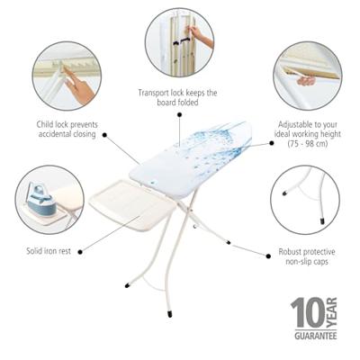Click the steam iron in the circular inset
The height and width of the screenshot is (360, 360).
(x=41, y=200)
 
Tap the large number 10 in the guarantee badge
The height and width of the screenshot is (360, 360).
(x=308, y=313)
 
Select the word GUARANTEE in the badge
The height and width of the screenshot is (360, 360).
(x=315, y=336)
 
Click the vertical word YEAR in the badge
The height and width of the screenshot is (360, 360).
(x=331, y=313)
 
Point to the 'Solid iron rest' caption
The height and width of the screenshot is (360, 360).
(x=49, y=251)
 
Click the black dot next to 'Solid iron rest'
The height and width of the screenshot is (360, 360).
(x=80, y=252)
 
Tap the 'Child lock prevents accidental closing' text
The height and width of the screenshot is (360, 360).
(x=67, y=129)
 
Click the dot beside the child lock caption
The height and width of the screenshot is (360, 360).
(x=104, y=135)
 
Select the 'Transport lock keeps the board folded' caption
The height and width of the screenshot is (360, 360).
(x=177, y=97)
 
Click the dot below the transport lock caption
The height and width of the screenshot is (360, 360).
(x=179, y=114)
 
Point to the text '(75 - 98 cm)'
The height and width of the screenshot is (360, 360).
(x=308, y=144)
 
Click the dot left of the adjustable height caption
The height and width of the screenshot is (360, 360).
(x=272, y=143)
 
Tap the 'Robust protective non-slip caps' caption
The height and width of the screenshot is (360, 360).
(x=307, y=256)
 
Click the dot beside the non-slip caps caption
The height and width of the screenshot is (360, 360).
(x=268, y=256)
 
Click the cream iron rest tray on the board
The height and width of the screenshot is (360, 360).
(x=132, y=204)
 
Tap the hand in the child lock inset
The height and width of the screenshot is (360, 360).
(x=78, y=85)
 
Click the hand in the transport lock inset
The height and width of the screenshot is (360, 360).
(x=200, y=35)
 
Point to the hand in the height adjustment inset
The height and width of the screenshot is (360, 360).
(x=306, y=81)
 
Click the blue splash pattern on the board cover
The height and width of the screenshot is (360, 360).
(x=210, y=144)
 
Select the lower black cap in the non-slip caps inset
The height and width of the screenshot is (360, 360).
(x=322, y=221)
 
